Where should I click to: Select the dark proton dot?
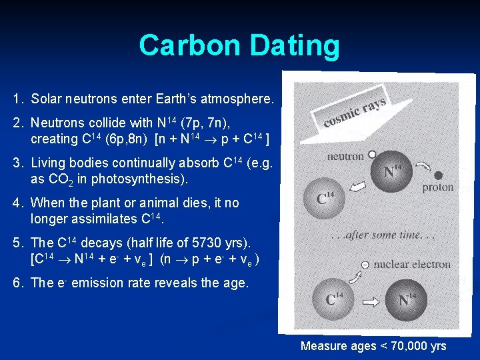click(438, 176)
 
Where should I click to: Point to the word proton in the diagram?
click(438, 188)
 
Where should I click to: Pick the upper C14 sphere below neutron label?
click(325, 198)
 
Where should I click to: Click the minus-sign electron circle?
click(365, 265)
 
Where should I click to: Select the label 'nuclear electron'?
click(411, 265)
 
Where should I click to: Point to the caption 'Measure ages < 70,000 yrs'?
click(373, 346)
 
